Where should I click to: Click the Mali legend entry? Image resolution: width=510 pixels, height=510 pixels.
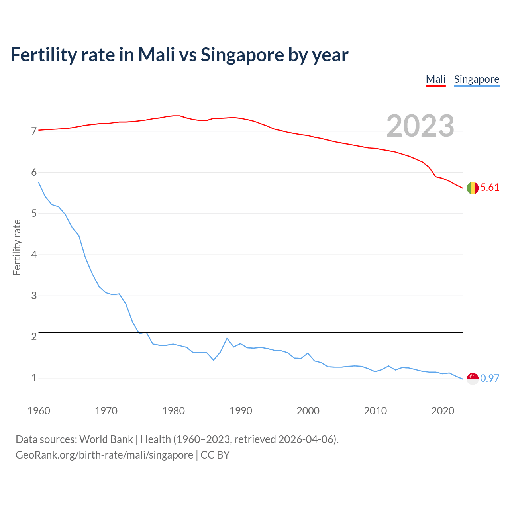click(x=435, y=79)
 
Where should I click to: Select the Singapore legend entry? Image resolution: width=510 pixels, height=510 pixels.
click(x=477, y=79)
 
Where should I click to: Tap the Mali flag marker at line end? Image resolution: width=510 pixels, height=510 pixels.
click(x=473, y=188)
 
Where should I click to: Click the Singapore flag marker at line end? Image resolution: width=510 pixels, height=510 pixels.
click(x=473, y=379)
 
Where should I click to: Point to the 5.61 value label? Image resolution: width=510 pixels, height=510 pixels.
click(x=490, y=188)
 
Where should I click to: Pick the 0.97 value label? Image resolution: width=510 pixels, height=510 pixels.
click(x=490, y=378)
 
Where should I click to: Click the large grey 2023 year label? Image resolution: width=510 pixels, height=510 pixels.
click(x=420, y=126)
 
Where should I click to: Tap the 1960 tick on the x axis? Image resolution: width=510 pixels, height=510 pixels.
click(x=39, y=411)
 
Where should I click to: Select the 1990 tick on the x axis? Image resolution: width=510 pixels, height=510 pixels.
click(x=241, y=411)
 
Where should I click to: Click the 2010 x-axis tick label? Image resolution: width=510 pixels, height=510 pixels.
click(x=375, y=411)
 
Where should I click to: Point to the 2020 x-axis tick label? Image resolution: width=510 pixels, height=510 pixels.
click(x=443, y=411)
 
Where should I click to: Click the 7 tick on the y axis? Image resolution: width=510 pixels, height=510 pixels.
click(x=34, y=131)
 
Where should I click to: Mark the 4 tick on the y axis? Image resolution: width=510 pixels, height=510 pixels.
click(x=34, y=255)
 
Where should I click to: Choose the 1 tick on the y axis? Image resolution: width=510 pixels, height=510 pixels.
click(x=34, y=378)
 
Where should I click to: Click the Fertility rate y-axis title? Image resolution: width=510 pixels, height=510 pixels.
click(x=17, y=247)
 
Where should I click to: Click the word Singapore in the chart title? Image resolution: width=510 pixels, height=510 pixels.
click(x=242, y=55)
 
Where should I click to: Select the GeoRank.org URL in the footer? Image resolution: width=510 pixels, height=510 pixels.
click(x=104, y=455)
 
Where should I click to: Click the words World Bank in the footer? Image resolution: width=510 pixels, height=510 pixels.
click(x=106, y=439)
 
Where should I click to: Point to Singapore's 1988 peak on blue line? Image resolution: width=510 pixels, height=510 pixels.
click(x=227, y=338)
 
